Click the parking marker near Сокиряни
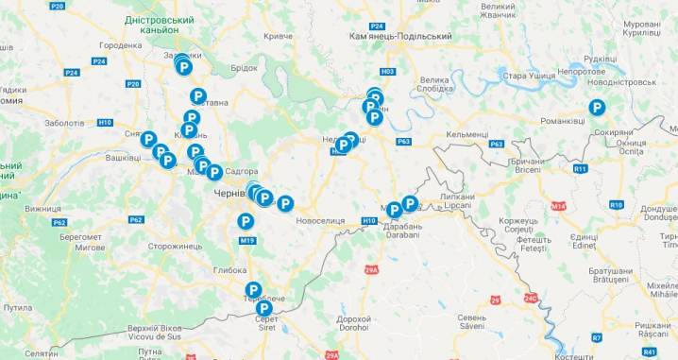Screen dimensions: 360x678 click(596, 108)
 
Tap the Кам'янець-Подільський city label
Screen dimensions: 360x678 click(399, 36)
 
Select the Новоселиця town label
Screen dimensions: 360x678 click(320, 220)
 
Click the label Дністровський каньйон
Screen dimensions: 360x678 click(166, 24)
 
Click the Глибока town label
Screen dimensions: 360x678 click(229, 270)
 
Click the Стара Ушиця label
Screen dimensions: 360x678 click(527, 75)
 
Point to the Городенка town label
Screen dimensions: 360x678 click(120, 45)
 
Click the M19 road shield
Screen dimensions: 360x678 click(247, 241)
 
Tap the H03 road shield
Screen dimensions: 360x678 click(387, 72)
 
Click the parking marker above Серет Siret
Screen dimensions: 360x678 click(253, 290)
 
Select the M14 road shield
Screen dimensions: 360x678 click(558, 206)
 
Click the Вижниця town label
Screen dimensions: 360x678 click(42, 208)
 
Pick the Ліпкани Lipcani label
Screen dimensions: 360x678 click(458, 201)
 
